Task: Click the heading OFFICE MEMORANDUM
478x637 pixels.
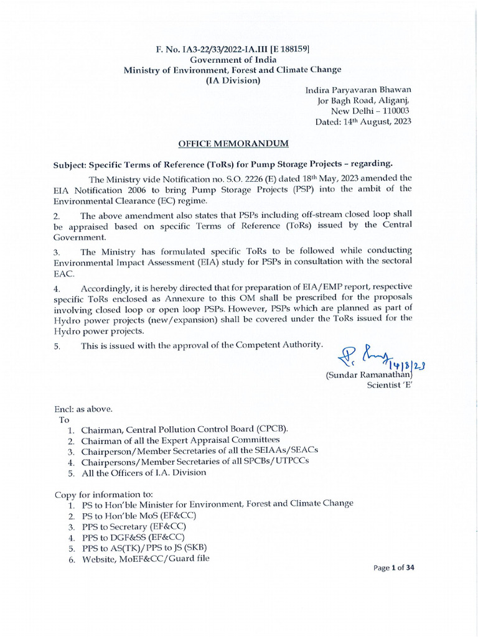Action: (233, 144)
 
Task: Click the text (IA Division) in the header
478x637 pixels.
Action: (233, 81)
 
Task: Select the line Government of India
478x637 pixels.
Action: (232, 59)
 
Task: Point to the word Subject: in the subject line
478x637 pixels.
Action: (69, 164)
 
